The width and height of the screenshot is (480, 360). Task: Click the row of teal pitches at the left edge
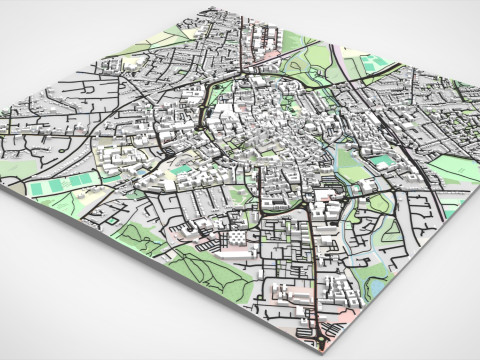pos(60,185)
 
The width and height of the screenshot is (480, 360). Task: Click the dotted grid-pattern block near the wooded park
pos(236,238)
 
